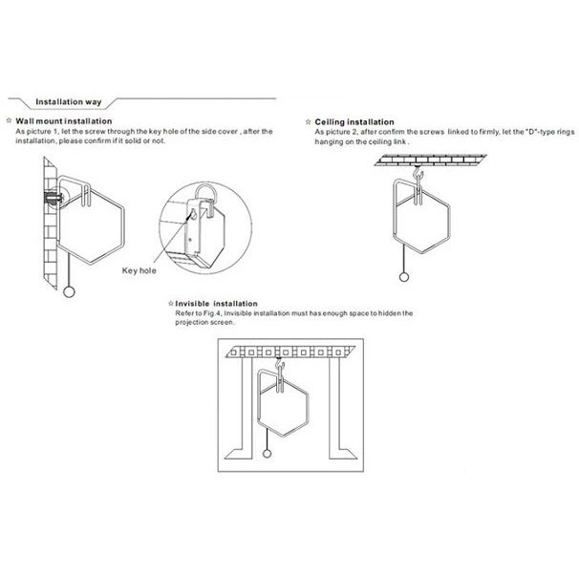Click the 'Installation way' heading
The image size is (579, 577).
68,102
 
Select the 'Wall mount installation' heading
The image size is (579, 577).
63,121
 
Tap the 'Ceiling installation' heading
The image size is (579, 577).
354,122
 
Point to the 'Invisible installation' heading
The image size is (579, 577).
216,304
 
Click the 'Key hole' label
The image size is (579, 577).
139,270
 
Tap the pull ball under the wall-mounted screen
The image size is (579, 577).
69,292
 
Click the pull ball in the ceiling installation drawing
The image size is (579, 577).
404,277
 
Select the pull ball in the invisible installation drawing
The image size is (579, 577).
267,454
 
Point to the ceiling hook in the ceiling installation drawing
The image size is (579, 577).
418,173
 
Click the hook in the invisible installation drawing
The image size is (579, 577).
280,365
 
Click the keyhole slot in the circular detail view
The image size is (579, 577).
193,214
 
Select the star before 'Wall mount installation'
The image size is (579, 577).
10,120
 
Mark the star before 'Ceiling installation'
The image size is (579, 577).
309,122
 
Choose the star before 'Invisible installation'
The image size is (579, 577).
171,304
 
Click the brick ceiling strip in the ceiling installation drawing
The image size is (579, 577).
430,160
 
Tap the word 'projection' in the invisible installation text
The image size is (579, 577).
191,322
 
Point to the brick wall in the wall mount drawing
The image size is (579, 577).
51,223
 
